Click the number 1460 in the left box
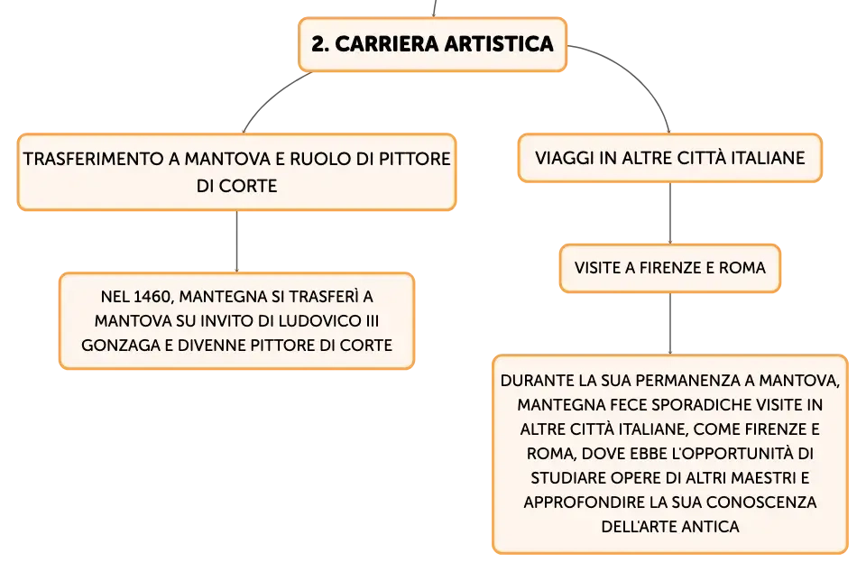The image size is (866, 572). [152, 297]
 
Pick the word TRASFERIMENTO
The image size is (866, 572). [94, 159]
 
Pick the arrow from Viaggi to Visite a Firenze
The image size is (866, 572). [670, 213]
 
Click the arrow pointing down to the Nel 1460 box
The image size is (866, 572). [237, 241]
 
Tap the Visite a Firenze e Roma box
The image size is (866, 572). [670, 268]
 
